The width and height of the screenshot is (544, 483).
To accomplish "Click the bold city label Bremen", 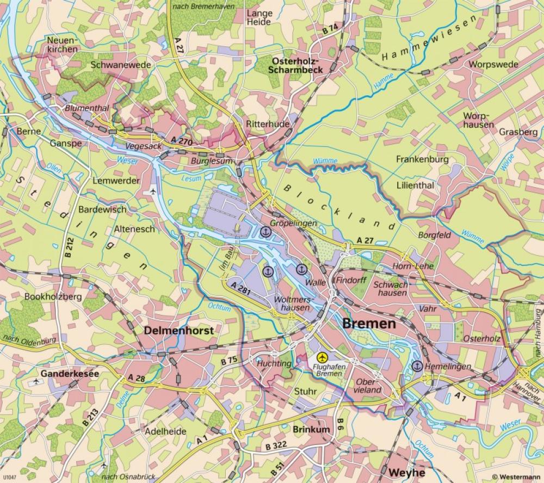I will click(x=369, y=324).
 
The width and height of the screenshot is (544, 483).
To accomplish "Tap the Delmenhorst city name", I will click(x=178, y=330).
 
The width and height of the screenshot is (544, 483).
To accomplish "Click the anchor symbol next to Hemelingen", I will click(x=417, y=366).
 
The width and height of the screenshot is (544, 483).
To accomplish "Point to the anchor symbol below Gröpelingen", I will click(x=265, y=232).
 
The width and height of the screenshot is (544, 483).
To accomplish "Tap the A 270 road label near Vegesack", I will click(x=181, y=140).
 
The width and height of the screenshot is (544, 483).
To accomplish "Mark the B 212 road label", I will click(x=69, y=246).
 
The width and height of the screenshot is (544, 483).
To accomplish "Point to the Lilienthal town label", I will click(x=415, y=185).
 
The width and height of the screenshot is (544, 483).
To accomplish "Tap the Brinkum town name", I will click(x=311, y=429).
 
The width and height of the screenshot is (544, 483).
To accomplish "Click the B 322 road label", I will click(x=276, y=445).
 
